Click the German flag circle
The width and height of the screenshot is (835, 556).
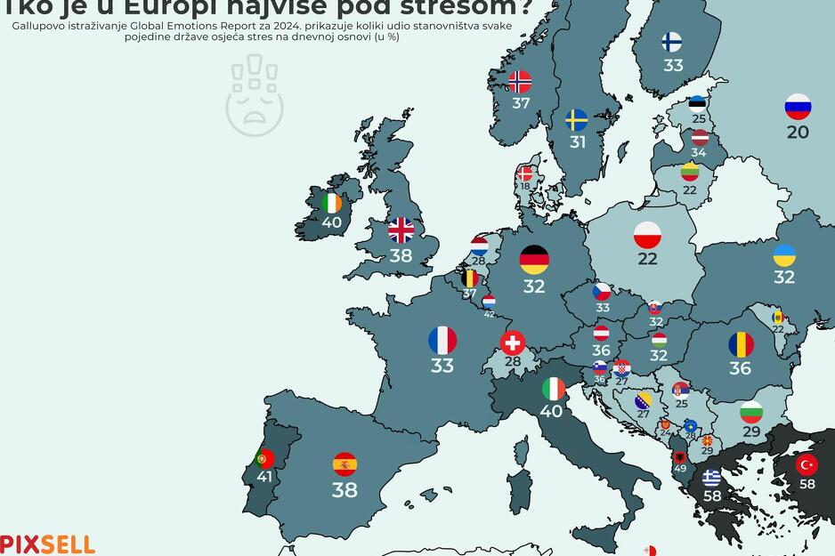click(x=534, y=260)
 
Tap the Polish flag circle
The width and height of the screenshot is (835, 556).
click(x=647, y=236)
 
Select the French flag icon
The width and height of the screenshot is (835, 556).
click(x=442, y=340)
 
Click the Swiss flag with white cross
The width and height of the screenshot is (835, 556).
click(x=513, y=342)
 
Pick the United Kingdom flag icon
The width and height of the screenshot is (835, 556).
click(x=401, y=230)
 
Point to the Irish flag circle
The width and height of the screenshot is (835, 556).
click(x=331, y=203)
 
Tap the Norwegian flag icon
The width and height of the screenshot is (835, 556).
click(x=520, y=82)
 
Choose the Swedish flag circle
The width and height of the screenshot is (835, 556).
click(x=577, y=120)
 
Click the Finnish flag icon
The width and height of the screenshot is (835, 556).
click(x=672, y=42)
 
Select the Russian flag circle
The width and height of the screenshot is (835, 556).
click(x=798, y=107)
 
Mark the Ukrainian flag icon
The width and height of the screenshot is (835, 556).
click(x=783, y=256)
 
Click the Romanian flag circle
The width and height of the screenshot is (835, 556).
click(x=740, y=344)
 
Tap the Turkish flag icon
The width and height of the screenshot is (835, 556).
click(x=807, y=464)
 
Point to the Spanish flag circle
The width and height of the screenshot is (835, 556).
click(x=345, y=463)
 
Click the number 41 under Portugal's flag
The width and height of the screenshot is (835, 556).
click(x=264, y=477)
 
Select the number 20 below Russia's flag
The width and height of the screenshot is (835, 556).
click(x=798, y=132)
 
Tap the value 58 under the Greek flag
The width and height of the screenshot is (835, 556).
click(x=712, y=496)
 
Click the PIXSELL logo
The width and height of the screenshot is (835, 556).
click(x=47, y=544)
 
